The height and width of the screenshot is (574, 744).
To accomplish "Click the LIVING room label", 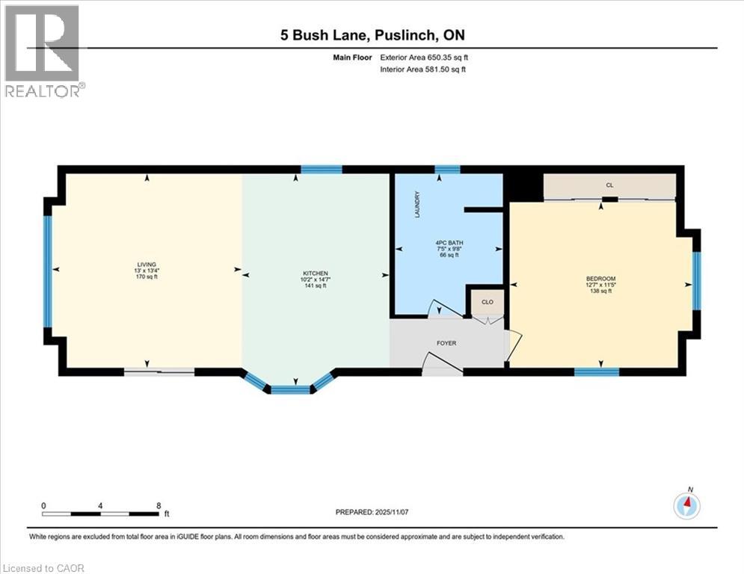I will (x=147, y=263).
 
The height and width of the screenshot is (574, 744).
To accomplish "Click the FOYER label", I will (x=447, y=343).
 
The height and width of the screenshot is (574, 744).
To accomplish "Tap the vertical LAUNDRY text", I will (x=418, y=205).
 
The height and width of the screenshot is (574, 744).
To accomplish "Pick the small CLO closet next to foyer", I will (x=488, y=302).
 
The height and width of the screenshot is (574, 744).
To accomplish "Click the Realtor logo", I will (x=42, y=51).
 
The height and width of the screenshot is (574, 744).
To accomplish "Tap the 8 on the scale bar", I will (x=159, y=505).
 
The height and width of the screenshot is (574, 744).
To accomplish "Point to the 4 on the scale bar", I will (x=100, y=505).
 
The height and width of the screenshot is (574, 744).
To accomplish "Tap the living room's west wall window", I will (x=47, y=271).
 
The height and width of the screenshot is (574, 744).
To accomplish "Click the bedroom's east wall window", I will (x=696, y=280).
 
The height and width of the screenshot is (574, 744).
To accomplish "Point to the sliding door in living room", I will (x=159, y=371).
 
